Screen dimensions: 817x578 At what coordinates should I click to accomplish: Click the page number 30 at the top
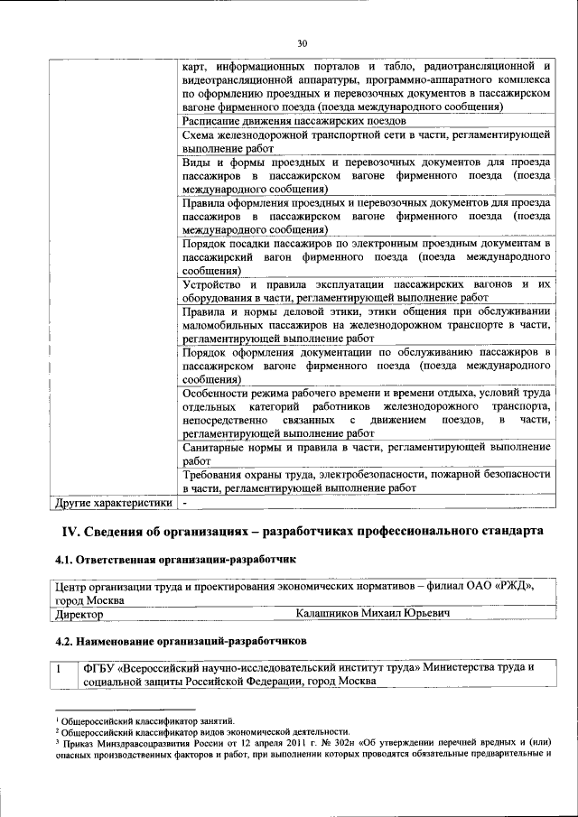pos(302,42)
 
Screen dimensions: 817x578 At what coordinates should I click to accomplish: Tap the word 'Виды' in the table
pos(196,162)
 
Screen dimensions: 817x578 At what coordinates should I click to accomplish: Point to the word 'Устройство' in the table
pos(212,285)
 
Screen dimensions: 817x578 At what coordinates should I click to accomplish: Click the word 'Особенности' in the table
pos(217,394)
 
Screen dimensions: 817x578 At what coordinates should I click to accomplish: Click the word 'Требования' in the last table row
pos(215,475)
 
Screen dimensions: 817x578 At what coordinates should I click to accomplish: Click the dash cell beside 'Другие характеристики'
pos(185,502)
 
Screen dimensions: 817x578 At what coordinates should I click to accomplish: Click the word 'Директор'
pos(79,614)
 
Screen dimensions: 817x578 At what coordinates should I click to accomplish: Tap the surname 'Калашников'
pos(331,614)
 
